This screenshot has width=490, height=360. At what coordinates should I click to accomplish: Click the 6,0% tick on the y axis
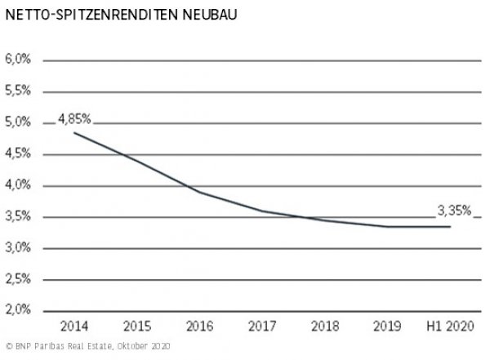click(x=18, y=60)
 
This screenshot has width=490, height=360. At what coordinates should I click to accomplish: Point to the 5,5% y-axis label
click(x=18, y=91)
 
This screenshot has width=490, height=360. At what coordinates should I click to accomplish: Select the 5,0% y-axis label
click(x=18, y=122)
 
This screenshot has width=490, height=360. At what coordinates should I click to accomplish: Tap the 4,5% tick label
click(x=18, y=153)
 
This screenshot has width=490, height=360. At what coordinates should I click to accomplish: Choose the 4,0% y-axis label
click(x=18, y=185)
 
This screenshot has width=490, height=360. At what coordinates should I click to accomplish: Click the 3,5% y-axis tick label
click(x=18, y=216)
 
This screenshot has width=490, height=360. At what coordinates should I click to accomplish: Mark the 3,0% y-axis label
click(x=18, y=248)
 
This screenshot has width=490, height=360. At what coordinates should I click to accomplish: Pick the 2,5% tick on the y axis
click(x=18, y=279)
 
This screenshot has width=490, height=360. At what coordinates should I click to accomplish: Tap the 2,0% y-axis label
click(x=18, y=311)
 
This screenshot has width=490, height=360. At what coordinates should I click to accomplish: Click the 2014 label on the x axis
click(x=73, y=328)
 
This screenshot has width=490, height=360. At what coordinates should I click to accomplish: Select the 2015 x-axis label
click(x=136, y=328)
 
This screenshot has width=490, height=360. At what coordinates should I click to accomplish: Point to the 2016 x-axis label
click(x=199, y=328)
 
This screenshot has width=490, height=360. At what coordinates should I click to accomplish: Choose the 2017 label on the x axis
click(x=262, y=328)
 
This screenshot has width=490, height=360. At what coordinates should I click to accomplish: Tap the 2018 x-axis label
click(x=325, y=328)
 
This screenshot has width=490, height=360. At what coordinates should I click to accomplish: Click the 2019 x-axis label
click(x=388, y=328)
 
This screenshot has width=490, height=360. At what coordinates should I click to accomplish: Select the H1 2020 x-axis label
click(x=450, y=328)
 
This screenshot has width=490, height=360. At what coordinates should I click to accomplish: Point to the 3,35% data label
click(x=454, y=211)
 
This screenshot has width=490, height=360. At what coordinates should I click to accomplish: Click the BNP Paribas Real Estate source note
click(x=85, y=347)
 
